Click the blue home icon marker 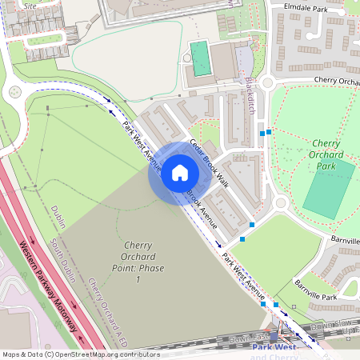(180, 173)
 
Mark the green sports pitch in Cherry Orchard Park (329, 189)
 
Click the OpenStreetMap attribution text (81, 354)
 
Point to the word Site (30, 5)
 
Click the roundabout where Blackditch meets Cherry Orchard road (268, 82)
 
